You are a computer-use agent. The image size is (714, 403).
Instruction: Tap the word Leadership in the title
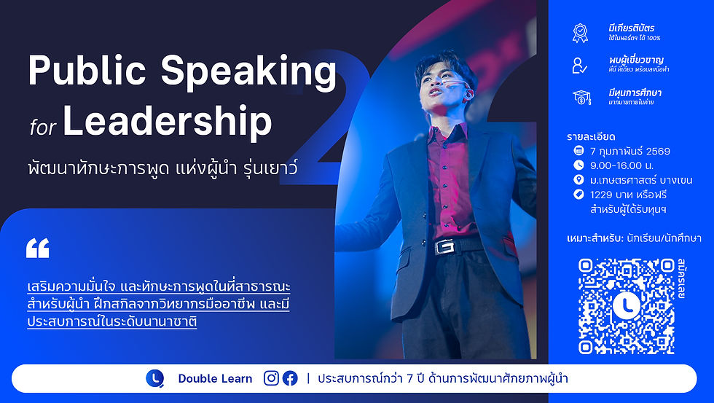pyautogui.click(x=168, y=123)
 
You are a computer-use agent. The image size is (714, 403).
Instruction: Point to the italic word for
pyautogui.click(x=42, y=128)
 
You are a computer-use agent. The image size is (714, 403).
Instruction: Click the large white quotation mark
pyautogui.click(x=37, y=249)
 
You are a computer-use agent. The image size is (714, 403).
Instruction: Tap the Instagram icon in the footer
pyautogui.click(x=271, y=378)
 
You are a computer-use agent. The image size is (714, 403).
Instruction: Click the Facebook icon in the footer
pyautogui.click(x=290, y=378)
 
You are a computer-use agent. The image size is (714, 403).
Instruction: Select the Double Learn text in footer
pyautogui.click(x=215, y=378)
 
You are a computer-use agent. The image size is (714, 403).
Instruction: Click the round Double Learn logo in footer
pyautogui.click(x=154, y=378)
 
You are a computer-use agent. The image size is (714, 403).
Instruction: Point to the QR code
pyautogui.click(x=627, y=305)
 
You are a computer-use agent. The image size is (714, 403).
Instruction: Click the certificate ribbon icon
pyautogui.click(x=580, y=33)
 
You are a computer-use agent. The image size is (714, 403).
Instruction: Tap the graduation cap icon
pyautogui.click(x=581, y=98)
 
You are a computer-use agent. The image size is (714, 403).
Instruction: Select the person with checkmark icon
pyautogui.click(x=580, y=65)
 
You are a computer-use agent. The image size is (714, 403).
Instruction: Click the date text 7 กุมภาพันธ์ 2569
pyautogui.click(x=630, y=152)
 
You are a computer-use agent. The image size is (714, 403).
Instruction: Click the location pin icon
pyautogui.click(x=578, y=180)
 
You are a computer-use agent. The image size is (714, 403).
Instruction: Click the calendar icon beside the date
pyautogui.click(x=578, y=152)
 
